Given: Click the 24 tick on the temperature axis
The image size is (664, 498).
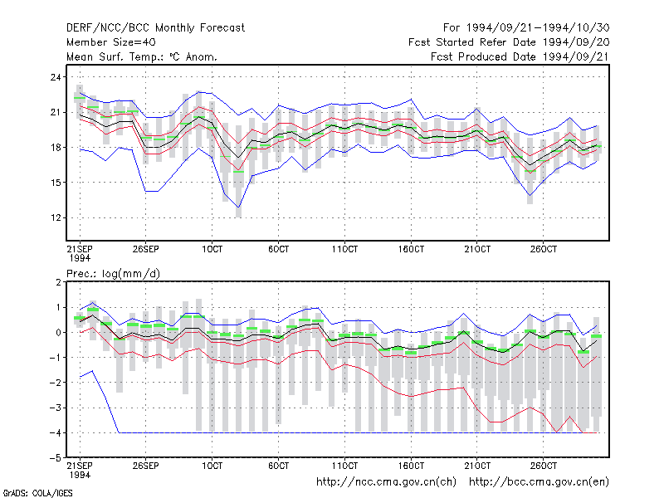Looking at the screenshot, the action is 56,77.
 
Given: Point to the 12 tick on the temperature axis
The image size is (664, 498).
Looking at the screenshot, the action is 56,217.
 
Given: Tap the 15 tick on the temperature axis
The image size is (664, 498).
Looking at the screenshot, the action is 56,183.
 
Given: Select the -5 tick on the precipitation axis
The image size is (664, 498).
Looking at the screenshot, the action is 55,458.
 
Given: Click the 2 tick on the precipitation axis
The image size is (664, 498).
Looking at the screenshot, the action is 58,282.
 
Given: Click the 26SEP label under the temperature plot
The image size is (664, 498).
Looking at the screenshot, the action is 146,249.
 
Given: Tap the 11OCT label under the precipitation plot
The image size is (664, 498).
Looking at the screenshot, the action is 344,466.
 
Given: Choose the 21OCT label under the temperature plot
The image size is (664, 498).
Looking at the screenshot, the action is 477,249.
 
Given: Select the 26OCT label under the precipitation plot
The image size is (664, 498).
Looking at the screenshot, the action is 544,466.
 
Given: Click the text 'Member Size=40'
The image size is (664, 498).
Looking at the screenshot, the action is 111,42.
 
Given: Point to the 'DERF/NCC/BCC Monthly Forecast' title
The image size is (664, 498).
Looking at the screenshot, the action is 156,28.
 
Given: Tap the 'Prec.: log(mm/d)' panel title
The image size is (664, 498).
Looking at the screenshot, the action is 114,274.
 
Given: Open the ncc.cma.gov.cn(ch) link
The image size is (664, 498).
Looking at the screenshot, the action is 386,482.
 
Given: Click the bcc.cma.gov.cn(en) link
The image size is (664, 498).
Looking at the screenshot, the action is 539,482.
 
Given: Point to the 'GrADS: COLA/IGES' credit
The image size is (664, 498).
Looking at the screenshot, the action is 37,493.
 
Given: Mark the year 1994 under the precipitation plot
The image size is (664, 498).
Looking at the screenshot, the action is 80,475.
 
